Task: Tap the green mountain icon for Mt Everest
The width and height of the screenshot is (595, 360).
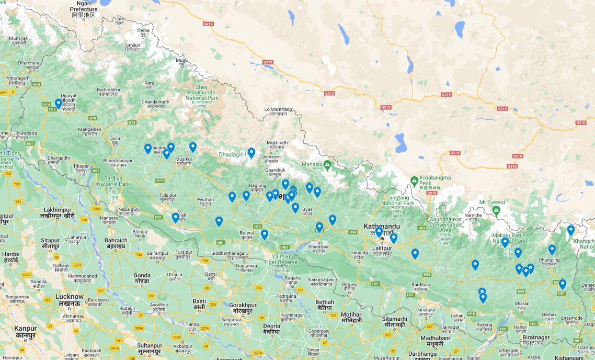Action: point(496,210)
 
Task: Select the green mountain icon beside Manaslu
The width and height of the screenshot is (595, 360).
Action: point(328,165)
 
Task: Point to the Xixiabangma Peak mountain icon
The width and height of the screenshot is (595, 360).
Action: point(415,181)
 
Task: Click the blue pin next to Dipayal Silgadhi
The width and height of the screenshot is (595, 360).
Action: point(59,104)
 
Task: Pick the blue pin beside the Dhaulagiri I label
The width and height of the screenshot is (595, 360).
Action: point(251,153)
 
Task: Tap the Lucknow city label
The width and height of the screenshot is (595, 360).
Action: point(69,299)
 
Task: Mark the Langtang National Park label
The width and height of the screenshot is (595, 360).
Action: point(397,200)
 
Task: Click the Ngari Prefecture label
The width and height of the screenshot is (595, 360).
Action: point(83,9)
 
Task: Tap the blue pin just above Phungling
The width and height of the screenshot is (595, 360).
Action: point(552,250)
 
